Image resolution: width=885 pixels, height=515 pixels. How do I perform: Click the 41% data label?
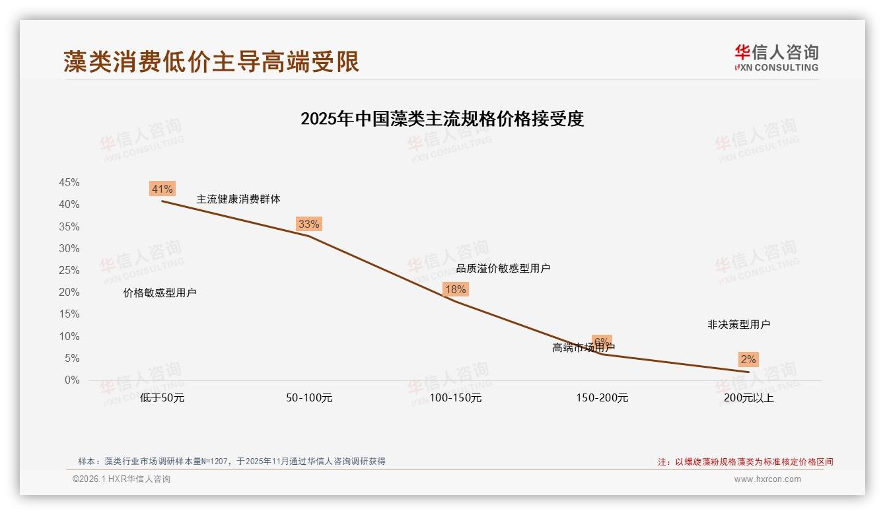click(x=162, y=189)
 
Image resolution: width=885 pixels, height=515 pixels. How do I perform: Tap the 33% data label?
click(x=308, y=224)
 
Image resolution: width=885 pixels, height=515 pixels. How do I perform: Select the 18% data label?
click(x=455, y=289)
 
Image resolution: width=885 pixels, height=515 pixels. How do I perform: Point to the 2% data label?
click(x=748, y=359)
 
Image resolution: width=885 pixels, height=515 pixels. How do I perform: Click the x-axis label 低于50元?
click(x=162, y=398)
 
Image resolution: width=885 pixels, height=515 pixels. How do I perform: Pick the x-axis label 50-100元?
click(x=309, y=398)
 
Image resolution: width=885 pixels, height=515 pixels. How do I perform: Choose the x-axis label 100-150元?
click(x=456, y=398)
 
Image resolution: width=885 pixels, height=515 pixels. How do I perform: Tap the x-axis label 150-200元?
click(x=602, y=398)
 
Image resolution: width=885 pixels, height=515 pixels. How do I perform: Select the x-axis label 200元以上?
click(x=748, y=398)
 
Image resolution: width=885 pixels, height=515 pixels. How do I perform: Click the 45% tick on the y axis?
click(x=69, y=183)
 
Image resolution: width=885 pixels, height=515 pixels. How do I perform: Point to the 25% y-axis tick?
click(x=69, y=271)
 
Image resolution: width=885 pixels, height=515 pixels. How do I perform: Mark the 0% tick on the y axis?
click(x=72, y=380)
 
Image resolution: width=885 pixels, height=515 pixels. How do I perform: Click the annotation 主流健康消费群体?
click(x=238, y=199)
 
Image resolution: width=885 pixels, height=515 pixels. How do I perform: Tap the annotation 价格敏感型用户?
click(x=160, y=293)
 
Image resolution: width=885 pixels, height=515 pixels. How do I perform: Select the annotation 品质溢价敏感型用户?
click(x=503, y=268)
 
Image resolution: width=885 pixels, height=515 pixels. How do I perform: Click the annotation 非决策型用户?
click(x=738, y=324)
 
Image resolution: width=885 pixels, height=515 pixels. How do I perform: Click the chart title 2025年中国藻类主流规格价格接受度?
click(x=442, y=119)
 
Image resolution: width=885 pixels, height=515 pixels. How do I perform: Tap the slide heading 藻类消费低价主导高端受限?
click(x=211, y=61)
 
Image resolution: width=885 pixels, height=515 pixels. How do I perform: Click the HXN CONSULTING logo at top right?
click(x=776, y=58)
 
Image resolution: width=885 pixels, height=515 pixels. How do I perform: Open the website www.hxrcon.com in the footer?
click(x=767, y=479)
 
